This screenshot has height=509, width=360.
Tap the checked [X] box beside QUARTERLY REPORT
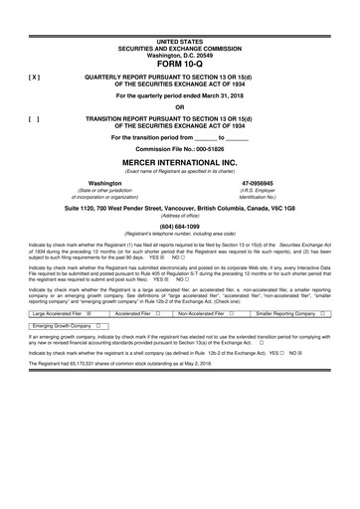pos(35,76)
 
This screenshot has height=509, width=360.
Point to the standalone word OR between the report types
pos(180,107)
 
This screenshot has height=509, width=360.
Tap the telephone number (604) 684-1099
pos(180,225)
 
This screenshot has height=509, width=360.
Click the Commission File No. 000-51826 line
pos(180,149)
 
